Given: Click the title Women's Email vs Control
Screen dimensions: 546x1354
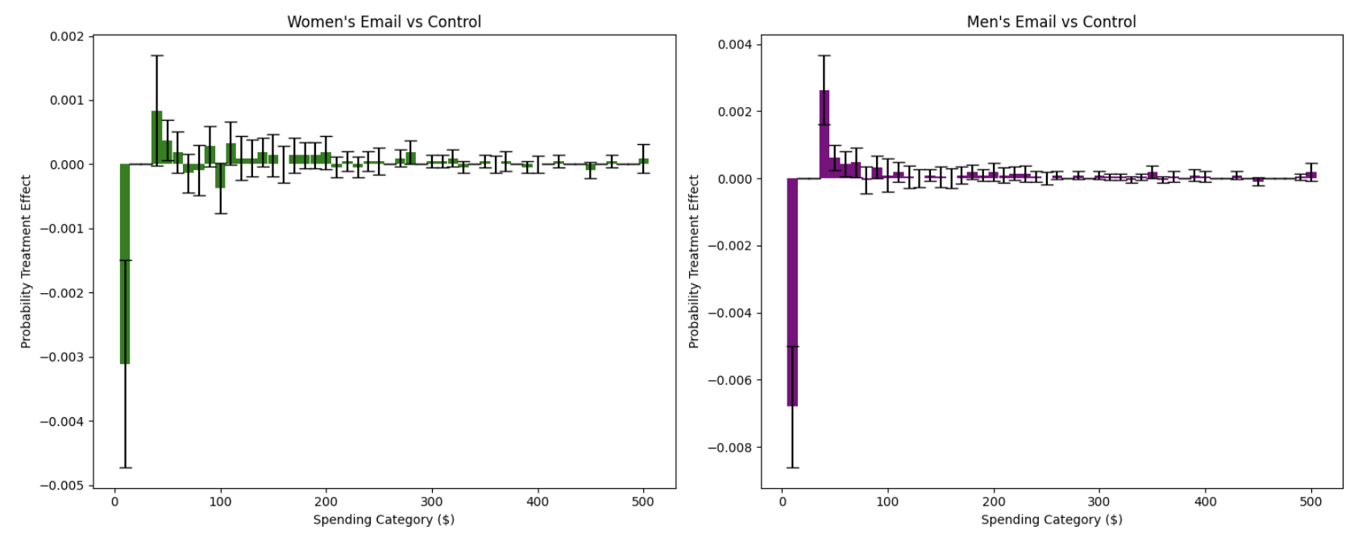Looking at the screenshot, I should (384, 22).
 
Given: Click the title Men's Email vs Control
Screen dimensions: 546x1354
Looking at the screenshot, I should (1051, 22).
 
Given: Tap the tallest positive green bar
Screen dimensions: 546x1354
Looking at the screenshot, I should (156, 138).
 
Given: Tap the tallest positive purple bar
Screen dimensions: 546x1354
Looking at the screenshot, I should (824, 134).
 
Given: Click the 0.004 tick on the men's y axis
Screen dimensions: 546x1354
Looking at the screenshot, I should (734, 44).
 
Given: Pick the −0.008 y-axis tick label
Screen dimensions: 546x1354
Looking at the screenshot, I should (729, 448).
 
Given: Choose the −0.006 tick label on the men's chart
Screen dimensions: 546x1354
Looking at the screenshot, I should (729, 380).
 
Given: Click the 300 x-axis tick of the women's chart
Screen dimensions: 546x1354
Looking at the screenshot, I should (432, 502).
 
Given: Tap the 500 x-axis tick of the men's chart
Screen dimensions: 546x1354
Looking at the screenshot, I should (1310, 502).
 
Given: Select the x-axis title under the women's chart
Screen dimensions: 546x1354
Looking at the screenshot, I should (384, 519).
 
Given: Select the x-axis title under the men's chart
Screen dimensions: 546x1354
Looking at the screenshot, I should (1051, 519).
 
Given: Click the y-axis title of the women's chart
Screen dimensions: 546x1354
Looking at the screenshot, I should (26, 261).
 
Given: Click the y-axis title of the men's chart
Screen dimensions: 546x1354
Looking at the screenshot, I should (693, 261).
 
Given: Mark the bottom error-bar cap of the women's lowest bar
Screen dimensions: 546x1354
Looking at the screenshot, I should (125, 467).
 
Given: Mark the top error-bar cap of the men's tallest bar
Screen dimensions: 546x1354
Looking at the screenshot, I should (824, 56).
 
